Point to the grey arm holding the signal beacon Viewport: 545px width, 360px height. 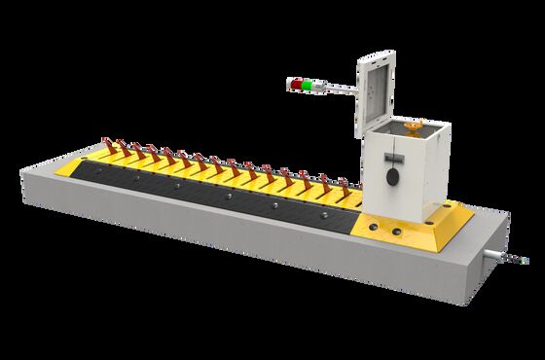[x=336, y=90]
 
